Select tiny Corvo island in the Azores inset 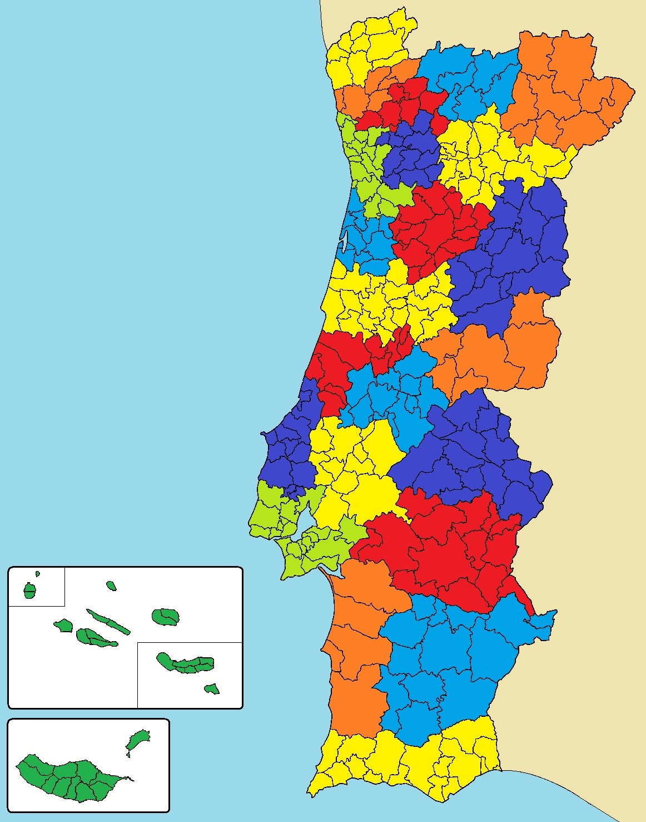(x=38, y=574)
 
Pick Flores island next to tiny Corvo (x=29, y=590)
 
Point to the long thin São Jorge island (x=108, y=622)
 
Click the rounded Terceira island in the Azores (x=166, y=616)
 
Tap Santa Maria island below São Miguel (x=211, y=689)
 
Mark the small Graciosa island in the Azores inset (x=111, y=585)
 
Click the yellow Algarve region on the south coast (x=406, y=762)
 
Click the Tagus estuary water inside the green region (x=305, y=533)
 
